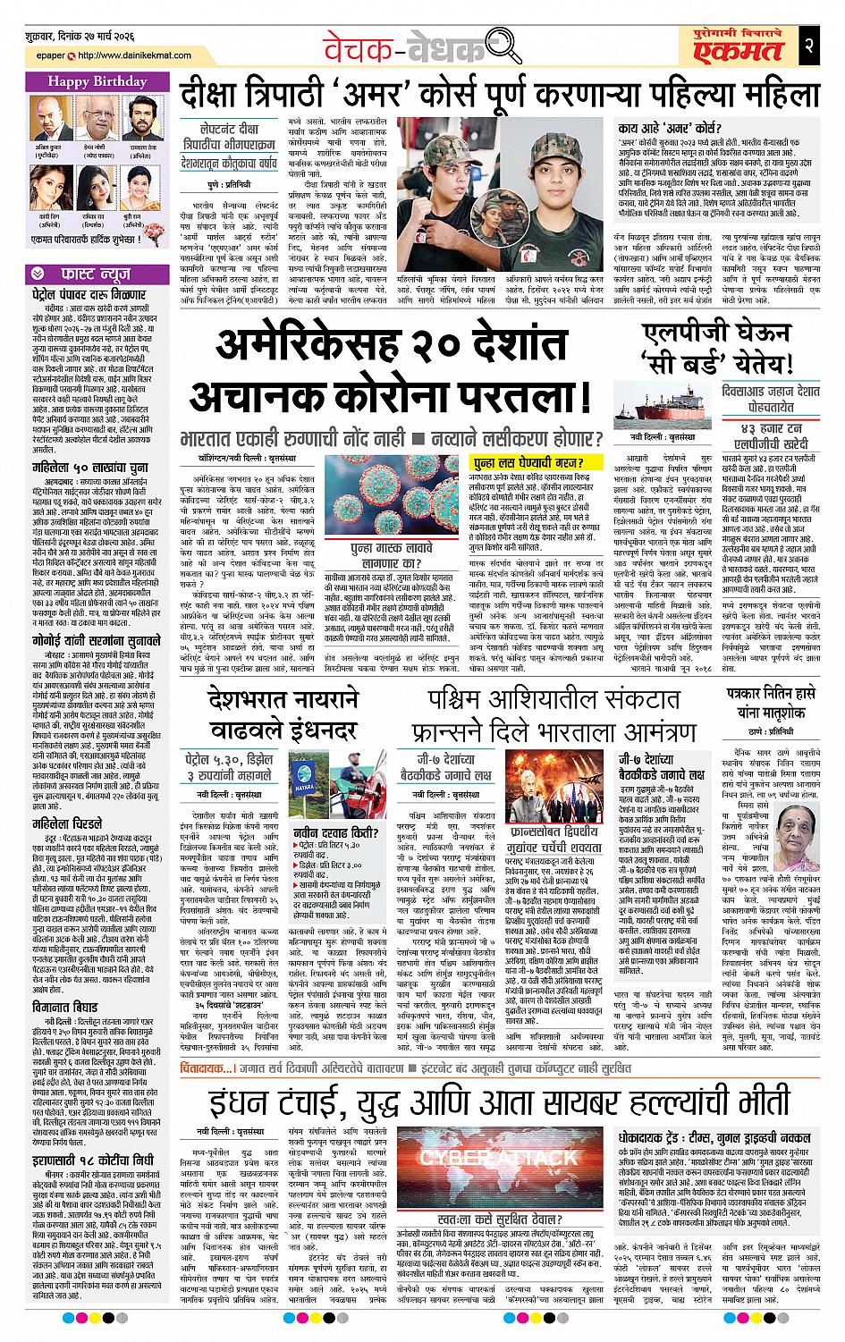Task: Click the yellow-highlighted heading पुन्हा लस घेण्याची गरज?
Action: [x=528, y=462]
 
